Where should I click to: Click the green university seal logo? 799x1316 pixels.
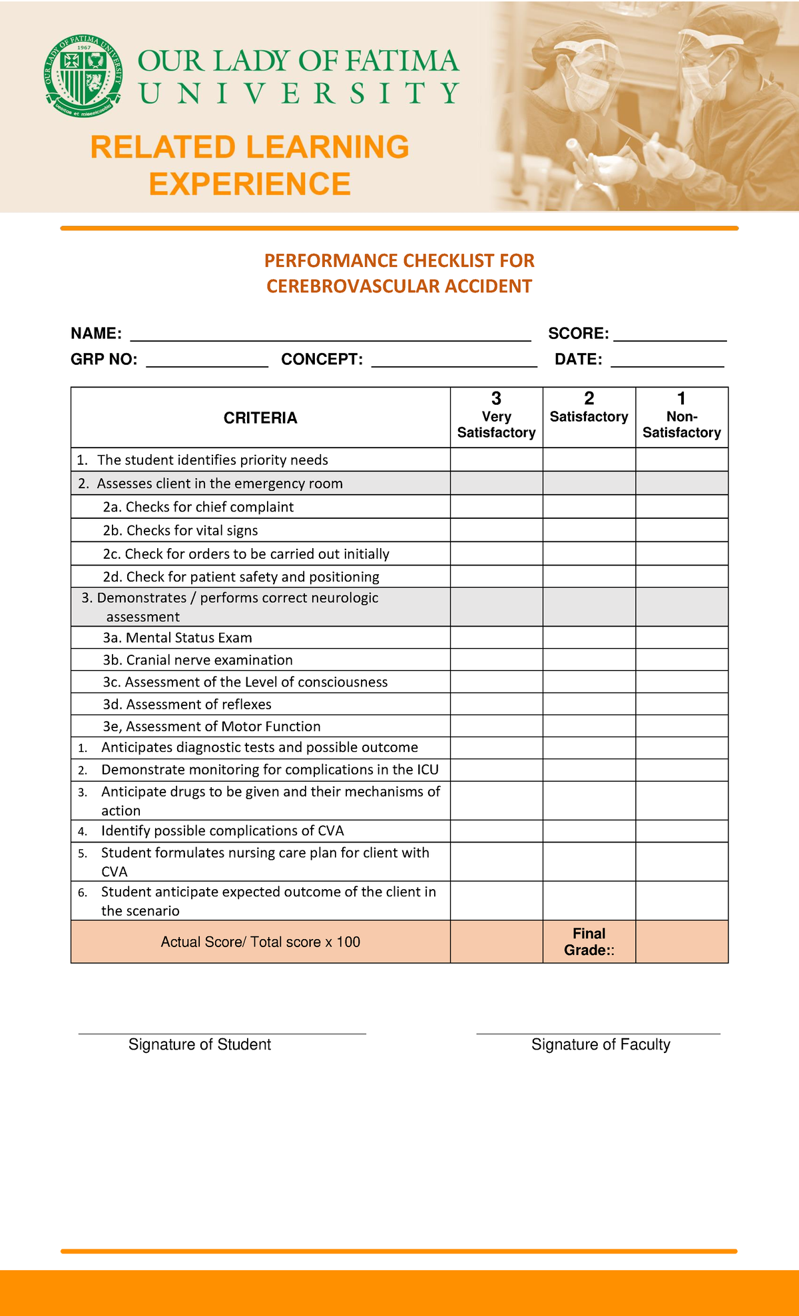click(83, 72)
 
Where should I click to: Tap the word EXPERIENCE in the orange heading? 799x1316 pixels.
click(250, 184)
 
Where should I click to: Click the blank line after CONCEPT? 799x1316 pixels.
click(454, 362)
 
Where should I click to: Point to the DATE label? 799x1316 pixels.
click(578, 360)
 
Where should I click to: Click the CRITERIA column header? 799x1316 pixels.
click(260, 418)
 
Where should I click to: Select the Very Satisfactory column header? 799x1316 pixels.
click(496, 417)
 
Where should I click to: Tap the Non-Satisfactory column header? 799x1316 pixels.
click(681, 417)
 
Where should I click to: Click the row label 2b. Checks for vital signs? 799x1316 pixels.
click(180, 530)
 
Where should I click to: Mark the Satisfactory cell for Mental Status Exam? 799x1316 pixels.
click(589, 637)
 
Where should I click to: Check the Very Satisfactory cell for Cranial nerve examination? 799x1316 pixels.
click(496, 659)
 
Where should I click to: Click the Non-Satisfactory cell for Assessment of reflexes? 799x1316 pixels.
click(681, 704)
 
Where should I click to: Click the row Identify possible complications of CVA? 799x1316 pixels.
click(222, 830)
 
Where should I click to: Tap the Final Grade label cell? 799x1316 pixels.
click(589, 942)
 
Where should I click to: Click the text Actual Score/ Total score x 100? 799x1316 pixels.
click(260, 942)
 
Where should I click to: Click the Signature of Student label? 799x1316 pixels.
click(200, 1044)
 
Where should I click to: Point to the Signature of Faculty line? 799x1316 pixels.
click(598, 1033)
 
